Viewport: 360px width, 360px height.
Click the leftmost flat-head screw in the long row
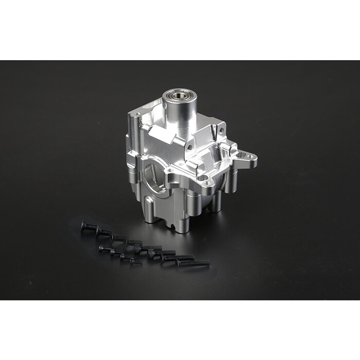click(x=86, y=225)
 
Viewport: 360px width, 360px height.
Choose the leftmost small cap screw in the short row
click(x=104, y=249)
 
